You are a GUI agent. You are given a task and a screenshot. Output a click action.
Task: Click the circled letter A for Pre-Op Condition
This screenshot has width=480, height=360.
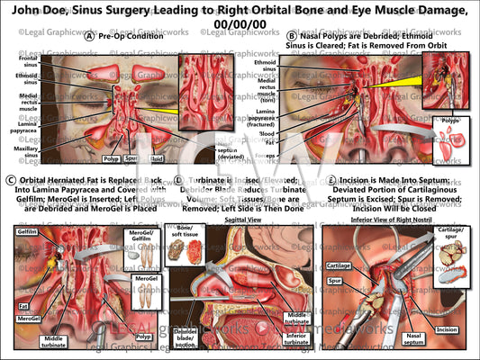click(x=88, y=37)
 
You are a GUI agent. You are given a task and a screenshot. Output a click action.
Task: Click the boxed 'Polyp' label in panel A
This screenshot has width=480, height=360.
click(x=112, y=158)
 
